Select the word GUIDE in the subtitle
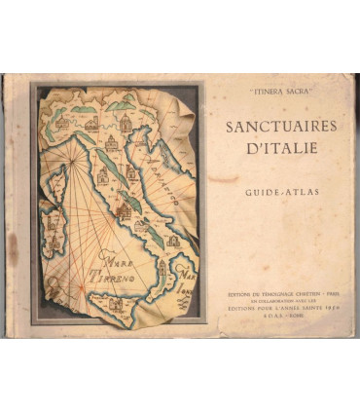tap(259, 193)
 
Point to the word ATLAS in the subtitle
tap(293, 193)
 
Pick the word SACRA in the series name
tap(293, 96)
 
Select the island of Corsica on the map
tap(55, 183)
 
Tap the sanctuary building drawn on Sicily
tap(117, 304)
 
